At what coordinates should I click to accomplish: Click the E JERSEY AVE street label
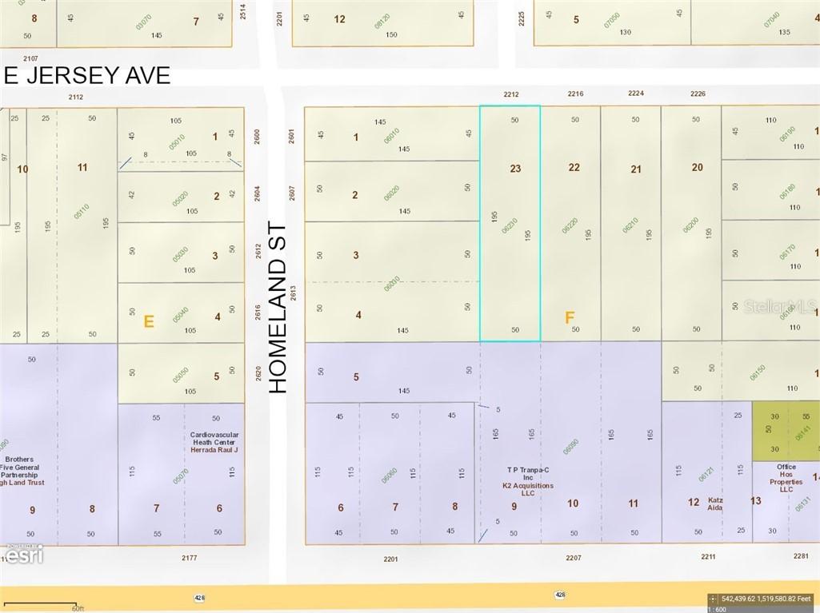pos(86,75)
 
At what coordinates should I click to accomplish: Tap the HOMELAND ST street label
pos(278,308)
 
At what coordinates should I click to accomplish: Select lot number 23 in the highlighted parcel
pos(515,169)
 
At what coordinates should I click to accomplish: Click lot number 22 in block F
pos(574,168)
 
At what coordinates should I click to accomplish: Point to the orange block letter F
pos(570,318)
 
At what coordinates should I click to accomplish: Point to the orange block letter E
pos(148,321)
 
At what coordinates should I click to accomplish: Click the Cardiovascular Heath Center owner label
pos(214,442)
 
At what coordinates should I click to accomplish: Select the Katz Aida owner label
pos(715,504)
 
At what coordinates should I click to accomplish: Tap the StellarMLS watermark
pos(779,306)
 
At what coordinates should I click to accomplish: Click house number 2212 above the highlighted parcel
pos(511,94)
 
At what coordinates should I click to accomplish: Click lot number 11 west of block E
pos(82,167)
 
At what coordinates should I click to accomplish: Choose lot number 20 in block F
pos(697,167)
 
